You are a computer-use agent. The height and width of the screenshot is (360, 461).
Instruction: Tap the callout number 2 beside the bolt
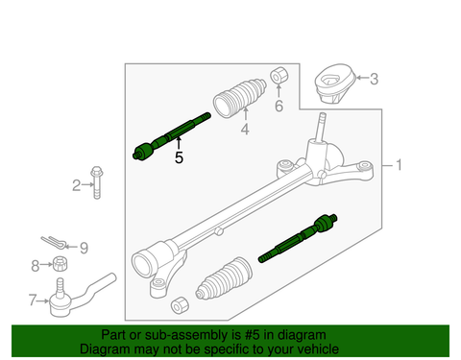coord(76,184)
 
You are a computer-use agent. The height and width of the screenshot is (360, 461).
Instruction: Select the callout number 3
coord(374,79)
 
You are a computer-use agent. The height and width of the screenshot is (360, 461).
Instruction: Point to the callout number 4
coord(244,129)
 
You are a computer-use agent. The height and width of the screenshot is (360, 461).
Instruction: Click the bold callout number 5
coord(179,157)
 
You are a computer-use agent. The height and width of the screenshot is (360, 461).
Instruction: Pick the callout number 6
coord(279,106)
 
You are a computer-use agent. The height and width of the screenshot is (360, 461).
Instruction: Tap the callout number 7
coord(34,300)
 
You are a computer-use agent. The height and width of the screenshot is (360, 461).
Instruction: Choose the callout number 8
coord(35,266)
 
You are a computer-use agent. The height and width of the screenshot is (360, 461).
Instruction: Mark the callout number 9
coord(83,247)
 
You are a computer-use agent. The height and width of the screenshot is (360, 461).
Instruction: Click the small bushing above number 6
coord(279,75)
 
